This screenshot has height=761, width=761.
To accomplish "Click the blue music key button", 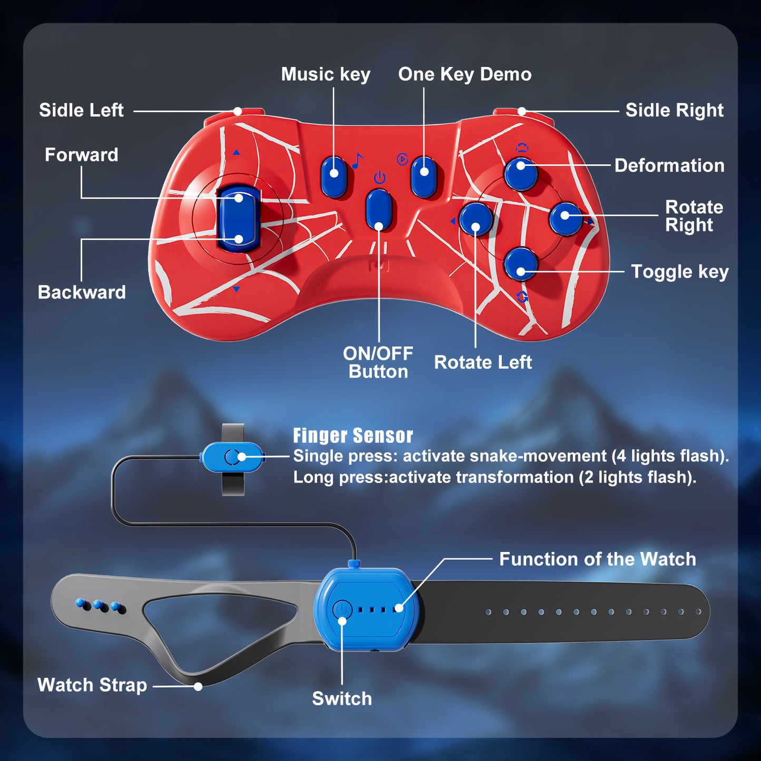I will (x=333, y=175).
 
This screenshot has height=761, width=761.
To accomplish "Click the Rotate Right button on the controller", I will (x=565, y=218).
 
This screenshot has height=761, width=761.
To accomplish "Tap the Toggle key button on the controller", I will (x=520, y=264).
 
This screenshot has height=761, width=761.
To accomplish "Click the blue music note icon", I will (x=358, y=160).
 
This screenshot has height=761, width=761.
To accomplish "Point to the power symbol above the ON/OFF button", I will (x=379, y=177).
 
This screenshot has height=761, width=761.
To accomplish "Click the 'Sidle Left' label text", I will (x=81, y=110).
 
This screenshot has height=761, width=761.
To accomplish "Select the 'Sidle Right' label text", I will (x=674, y=110).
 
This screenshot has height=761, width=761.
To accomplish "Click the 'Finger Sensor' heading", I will (x=353, y=436).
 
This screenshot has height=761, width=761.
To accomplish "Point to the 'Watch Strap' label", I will (x=92, y=685).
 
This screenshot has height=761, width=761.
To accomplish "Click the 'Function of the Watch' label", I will (x=597, y=559).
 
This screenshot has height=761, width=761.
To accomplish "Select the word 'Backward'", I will (x=82, y=292).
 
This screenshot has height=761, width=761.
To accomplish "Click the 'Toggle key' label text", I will (x=679, y=272).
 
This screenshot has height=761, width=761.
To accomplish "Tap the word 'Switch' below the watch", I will (x=342, y=698).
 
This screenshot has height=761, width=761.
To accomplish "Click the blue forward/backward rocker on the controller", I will (x=239, y=218).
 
